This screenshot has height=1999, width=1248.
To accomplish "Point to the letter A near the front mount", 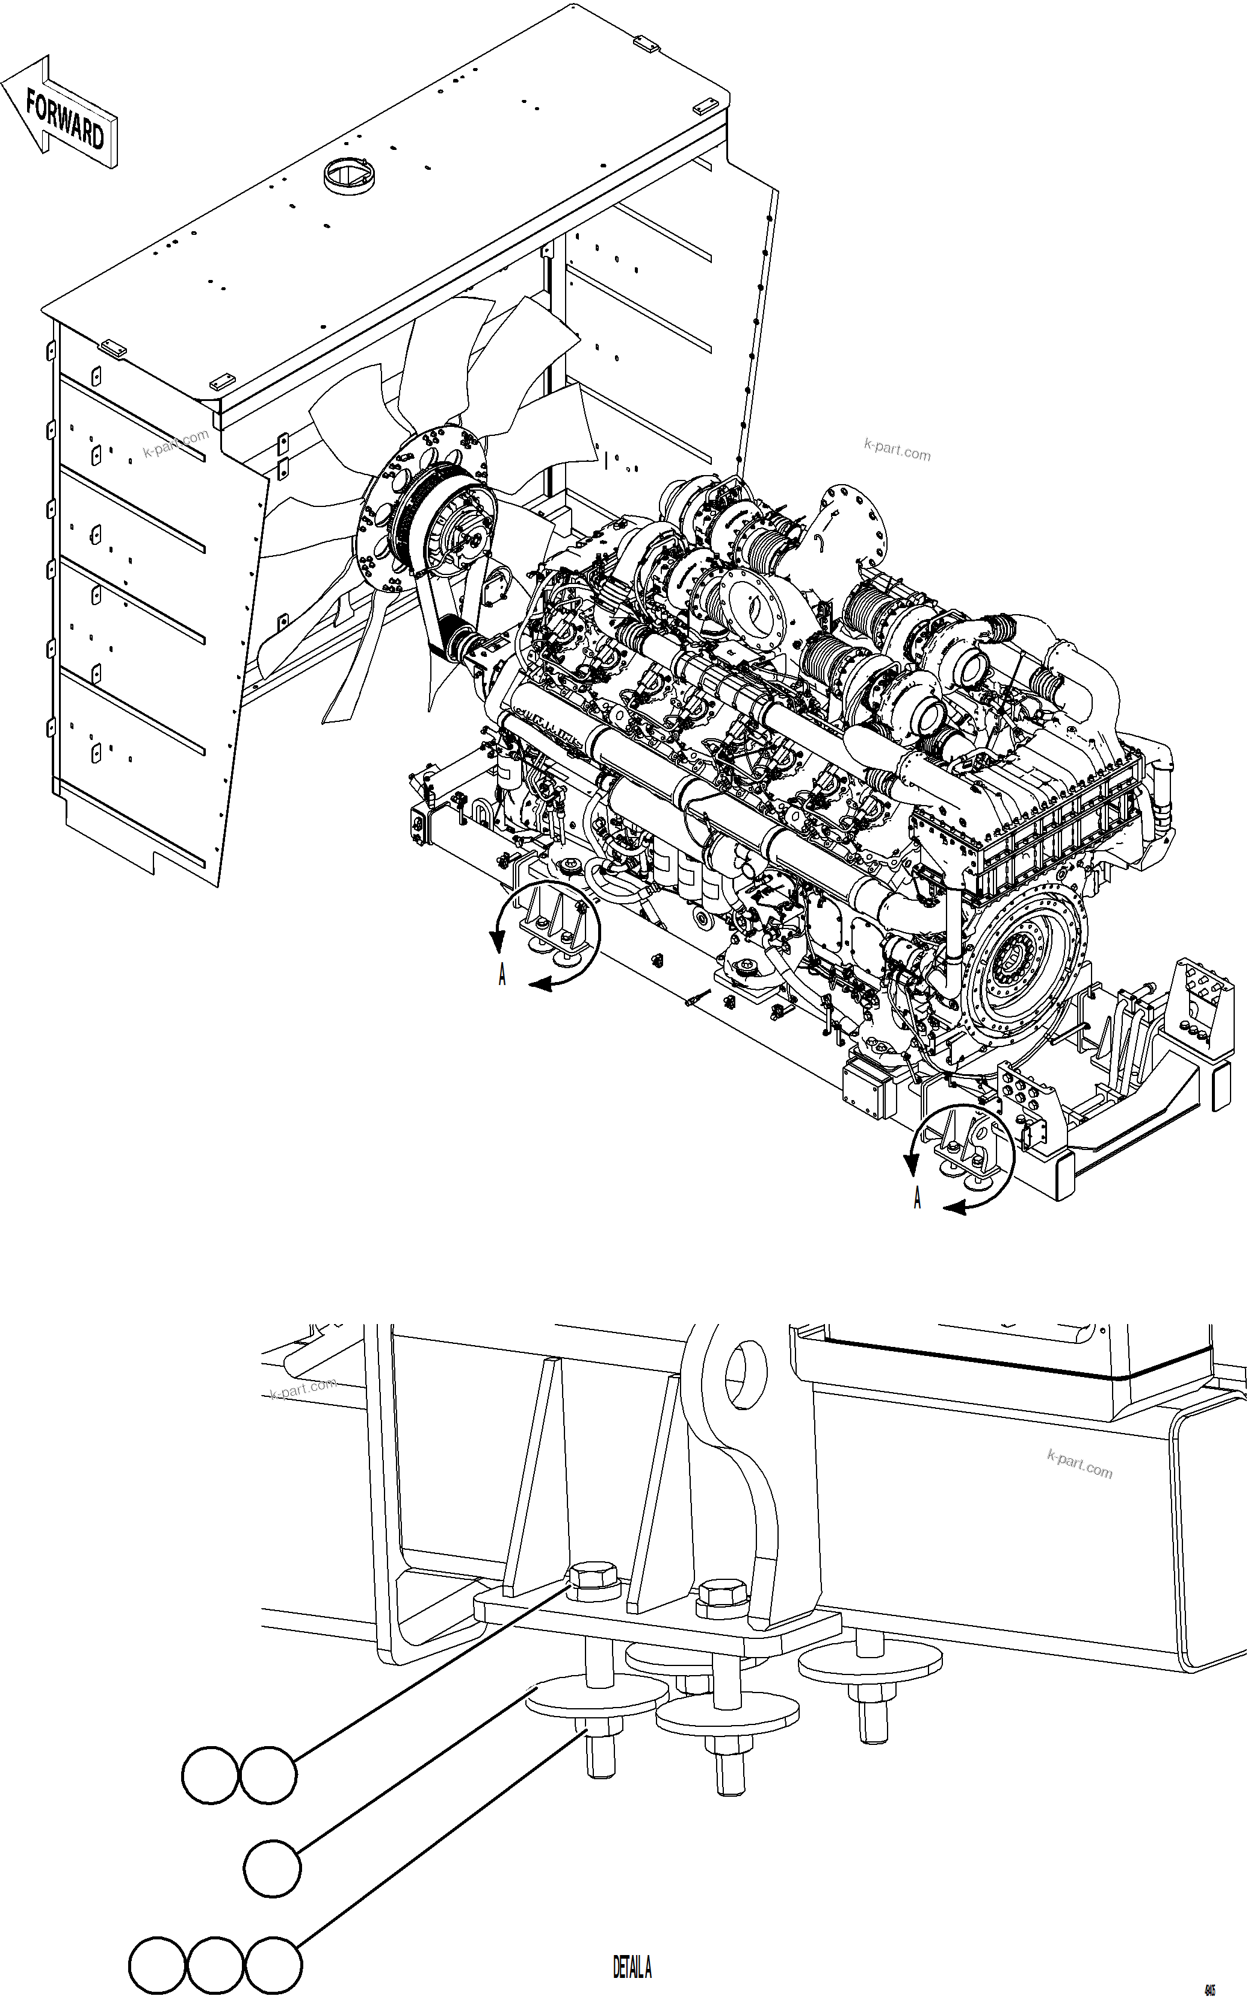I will (502, 976).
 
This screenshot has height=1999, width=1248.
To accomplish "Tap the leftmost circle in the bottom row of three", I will (156, 1964).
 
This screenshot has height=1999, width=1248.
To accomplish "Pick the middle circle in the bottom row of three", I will (215, 1964).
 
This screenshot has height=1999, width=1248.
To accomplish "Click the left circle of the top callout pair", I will (209, 1774).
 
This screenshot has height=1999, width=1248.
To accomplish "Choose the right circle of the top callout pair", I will (267, 1774).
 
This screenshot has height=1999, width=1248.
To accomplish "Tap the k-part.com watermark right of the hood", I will (897, 452).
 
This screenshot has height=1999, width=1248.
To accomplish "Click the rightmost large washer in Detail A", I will (870, 1657).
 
